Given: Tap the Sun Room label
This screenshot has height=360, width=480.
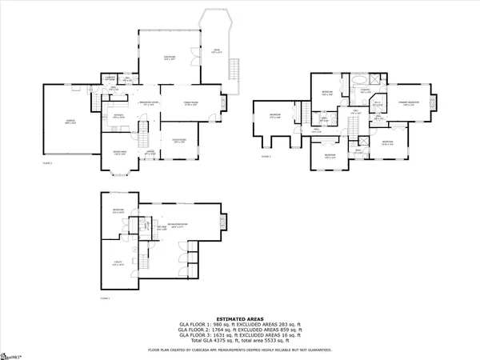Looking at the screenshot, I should [170, 57].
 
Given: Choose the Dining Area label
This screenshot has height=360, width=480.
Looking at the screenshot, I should [118, 154].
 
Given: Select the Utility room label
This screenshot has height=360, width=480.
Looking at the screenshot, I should [118, 263].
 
